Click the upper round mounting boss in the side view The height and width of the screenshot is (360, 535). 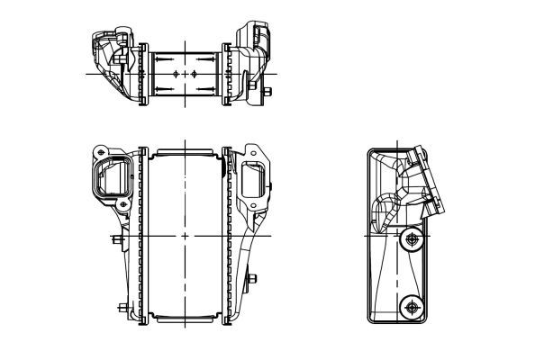pyautogui.click(x=413, y=239)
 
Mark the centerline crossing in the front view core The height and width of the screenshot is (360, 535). pyautogui.click(x=185, y=236)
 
